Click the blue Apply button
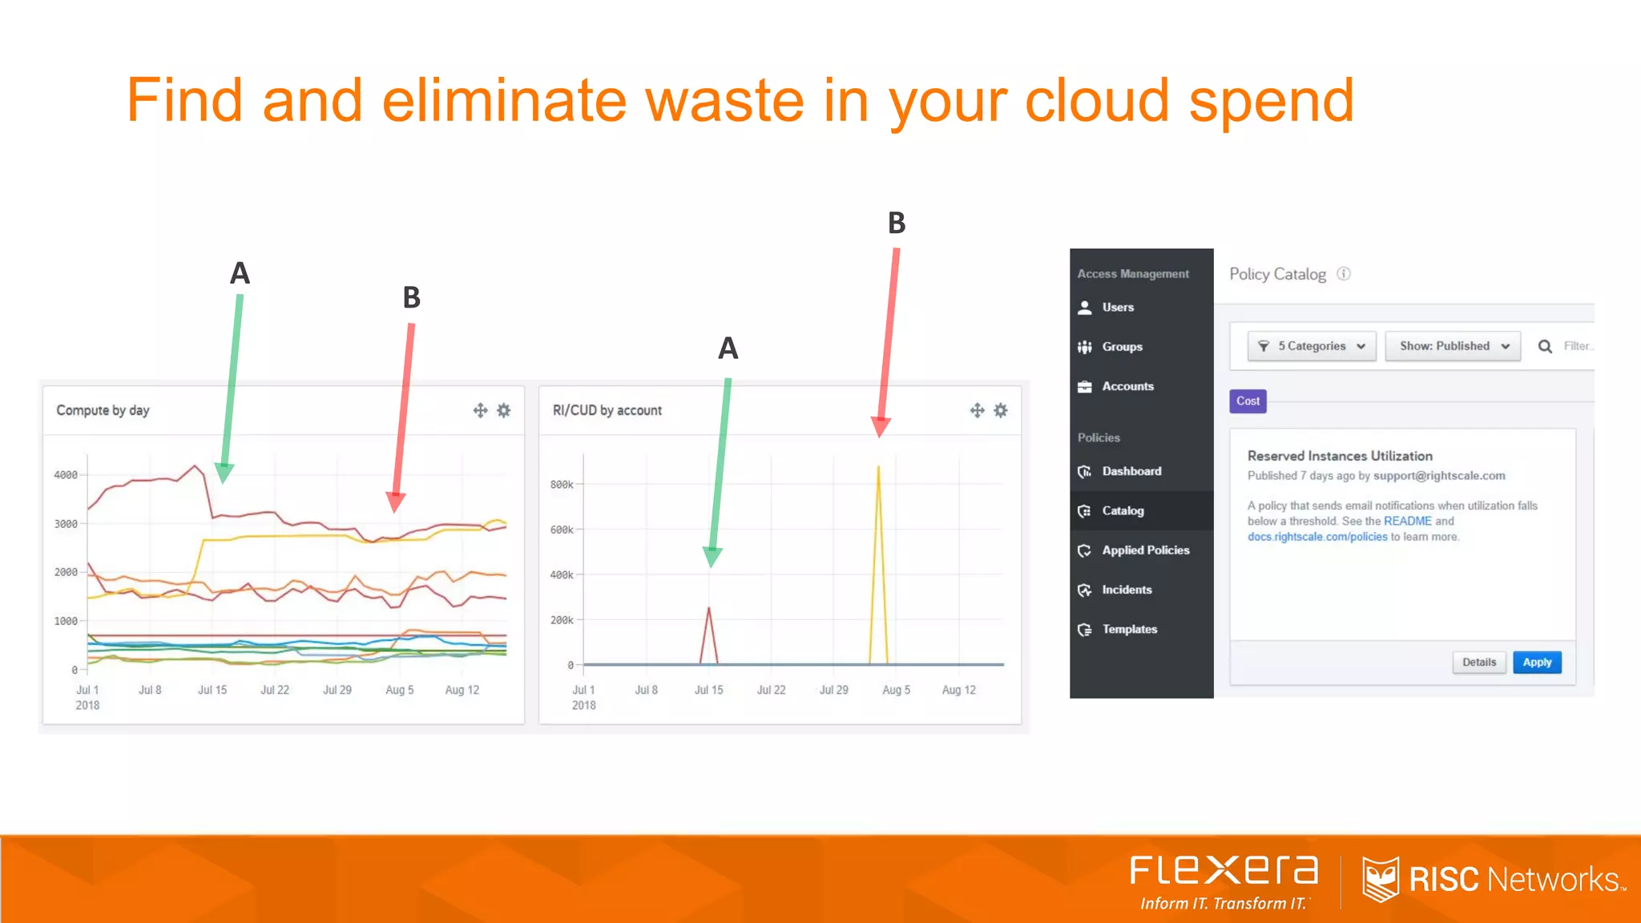click(1537, 663)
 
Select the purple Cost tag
click(1248, 401)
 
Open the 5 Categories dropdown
click(1312, 346)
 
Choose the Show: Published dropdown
click(1453, 346)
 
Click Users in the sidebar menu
click(1117, 308)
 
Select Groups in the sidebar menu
click(1121, 347)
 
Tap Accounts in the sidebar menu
click(1127, 386)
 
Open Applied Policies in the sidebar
click(1144, 550)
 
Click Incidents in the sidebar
click(1126, 590)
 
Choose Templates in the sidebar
click(1128, 630)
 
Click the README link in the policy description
click(1407, 522)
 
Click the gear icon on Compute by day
click(504, 410)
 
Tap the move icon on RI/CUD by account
click(977, 410)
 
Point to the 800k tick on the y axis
click(562, 485)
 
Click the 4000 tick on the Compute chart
click(66, 475)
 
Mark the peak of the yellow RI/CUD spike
click(878, 467)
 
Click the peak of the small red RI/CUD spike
click(708, 608)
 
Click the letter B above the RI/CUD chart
click(897, 223)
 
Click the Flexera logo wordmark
click(1224, 871)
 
